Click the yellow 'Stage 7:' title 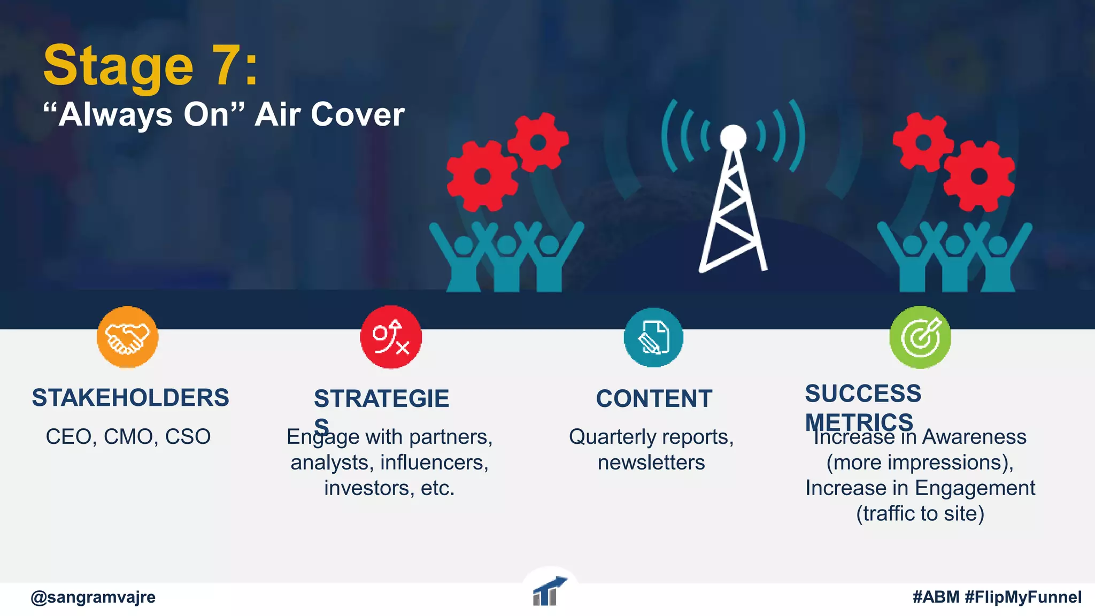coord(150,66)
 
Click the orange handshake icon coord(127,337)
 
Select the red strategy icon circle coord(391,337)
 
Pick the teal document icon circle coord(653,337)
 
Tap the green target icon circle coord(920,337)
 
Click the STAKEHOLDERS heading coord(130,398)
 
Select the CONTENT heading coord(654,399)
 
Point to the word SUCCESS coord(863,394)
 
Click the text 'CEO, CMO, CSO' coord(128,437)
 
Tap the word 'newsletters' coord(651,463)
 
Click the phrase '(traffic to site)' coord(920,514)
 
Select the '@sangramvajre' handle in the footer coord(93,597)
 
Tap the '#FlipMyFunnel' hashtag coord(1023,597)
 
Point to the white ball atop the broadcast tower coord(732,137)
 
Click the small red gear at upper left coord(538,142)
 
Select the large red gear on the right coord(979,175)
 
